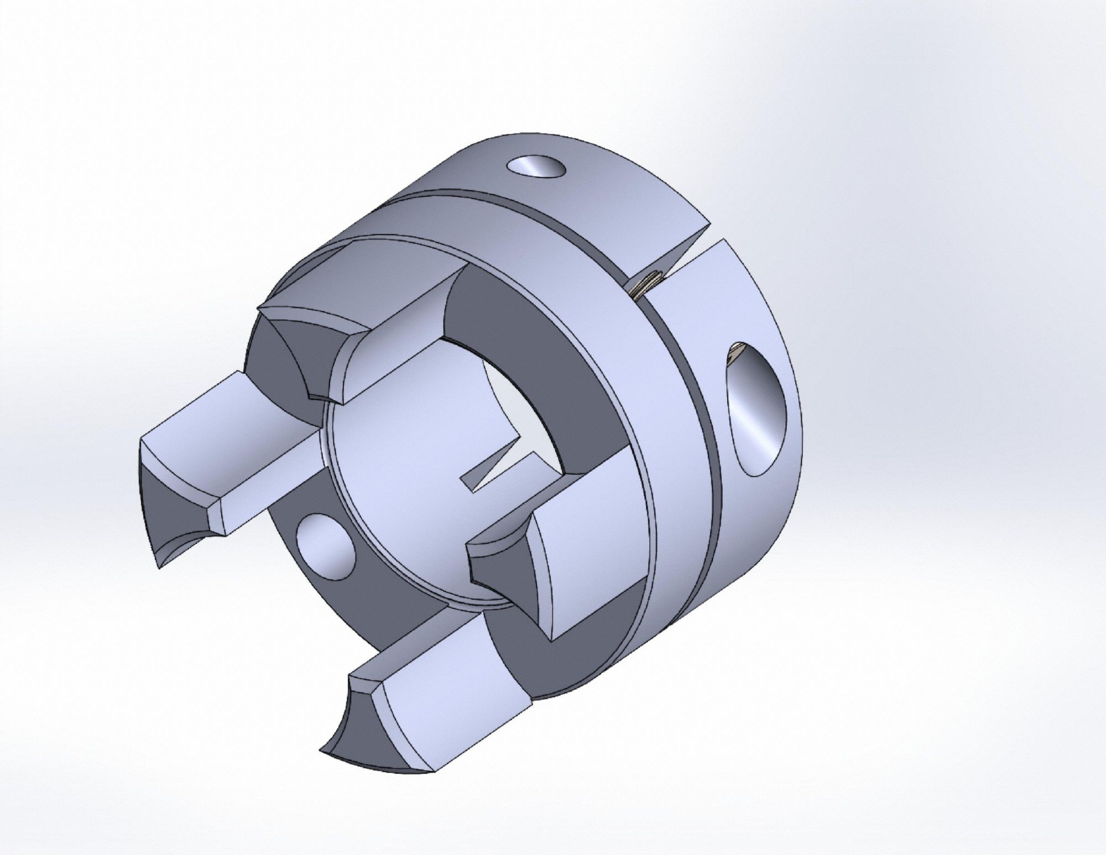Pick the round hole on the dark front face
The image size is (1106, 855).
pyautogui.click(x=325, y=546)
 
